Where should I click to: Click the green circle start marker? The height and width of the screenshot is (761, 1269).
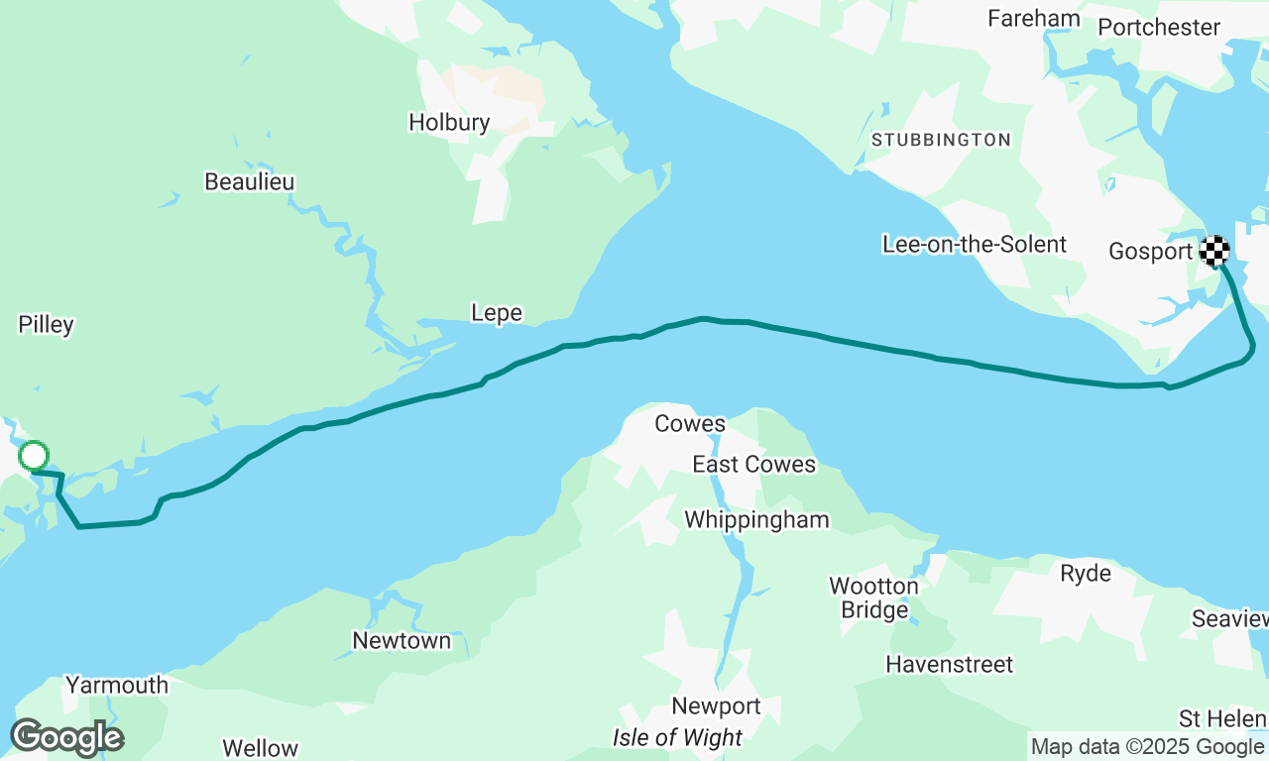click(34, 456)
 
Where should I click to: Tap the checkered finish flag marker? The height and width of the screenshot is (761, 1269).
click(1214, 251)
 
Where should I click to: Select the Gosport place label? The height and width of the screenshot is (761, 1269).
click(1150, 252)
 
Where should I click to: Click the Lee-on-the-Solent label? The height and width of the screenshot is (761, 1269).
click(975, 245)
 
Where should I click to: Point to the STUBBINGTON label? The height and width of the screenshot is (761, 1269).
click(941, 141)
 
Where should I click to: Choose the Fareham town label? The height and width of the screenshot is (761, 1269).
click(1034, 19)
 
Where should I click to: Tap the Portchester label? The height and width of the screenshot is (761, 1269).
click(1159, 27)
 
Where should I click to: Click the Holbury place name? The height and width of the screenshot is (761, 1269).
click(449, 123)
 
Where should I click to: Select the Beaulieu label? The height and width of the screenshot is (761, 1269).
click(249, 182)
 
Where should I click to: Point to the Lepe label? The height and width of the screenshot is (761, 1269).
click(497, 313)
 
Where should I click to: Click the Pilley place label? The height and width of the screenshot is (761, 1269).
click(47, 325)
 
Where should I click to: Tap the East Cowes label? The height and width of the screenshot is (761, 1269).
click(753, 465)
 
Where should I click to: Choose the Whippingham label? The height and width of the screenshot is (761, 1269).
click(756, 520)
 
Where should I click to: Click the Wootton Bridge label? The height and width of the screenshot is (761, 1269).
click(873, 598)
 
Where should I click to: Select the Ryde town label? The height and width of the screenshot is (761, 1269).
click(1086, 574)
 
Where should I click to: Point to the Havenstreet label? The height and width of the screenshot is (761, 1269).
click(950, 664)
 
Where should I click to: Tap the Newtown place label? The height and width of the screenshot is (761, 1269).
click(402, 641)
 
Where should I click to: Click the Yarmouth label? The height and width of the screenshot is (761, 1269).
click(117, 685)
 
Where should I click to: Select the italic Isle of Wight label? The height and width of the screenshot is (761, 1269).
click(677, 738)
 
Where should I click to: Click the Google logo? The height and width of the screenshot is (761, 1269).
click(66, 738)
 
